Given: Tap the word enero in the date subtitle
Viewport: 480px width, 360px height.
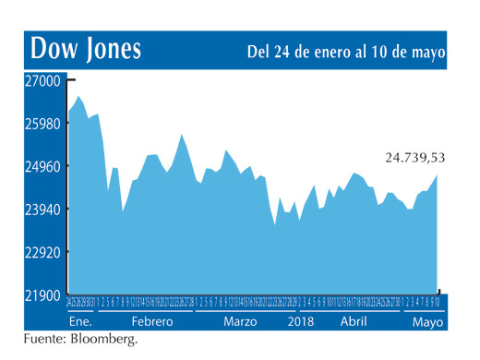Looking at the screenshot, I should (334, 52).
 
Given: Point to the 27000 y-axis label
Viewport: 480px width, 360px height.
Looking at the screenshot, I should (42, 81).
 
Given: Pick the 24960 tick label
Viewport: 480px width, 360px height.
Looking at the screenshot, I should (42, 167).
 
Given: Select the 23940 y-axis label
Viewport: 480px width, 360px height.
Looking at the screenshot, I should (42, 210).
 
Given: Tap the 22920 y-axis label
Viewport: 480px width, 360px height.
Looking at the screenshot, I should (42, 252).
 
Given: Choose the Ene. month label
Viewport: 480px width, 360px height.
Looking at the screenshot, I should (81, 322).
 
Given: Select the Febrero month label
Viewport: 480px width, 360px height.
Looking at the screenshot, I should (151, 322).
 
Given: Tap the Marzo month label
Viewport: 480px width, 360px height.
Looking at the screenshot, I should (240, 322).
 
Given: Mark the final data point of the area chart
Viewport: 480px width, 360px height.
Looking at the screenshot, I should (438, 175).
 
